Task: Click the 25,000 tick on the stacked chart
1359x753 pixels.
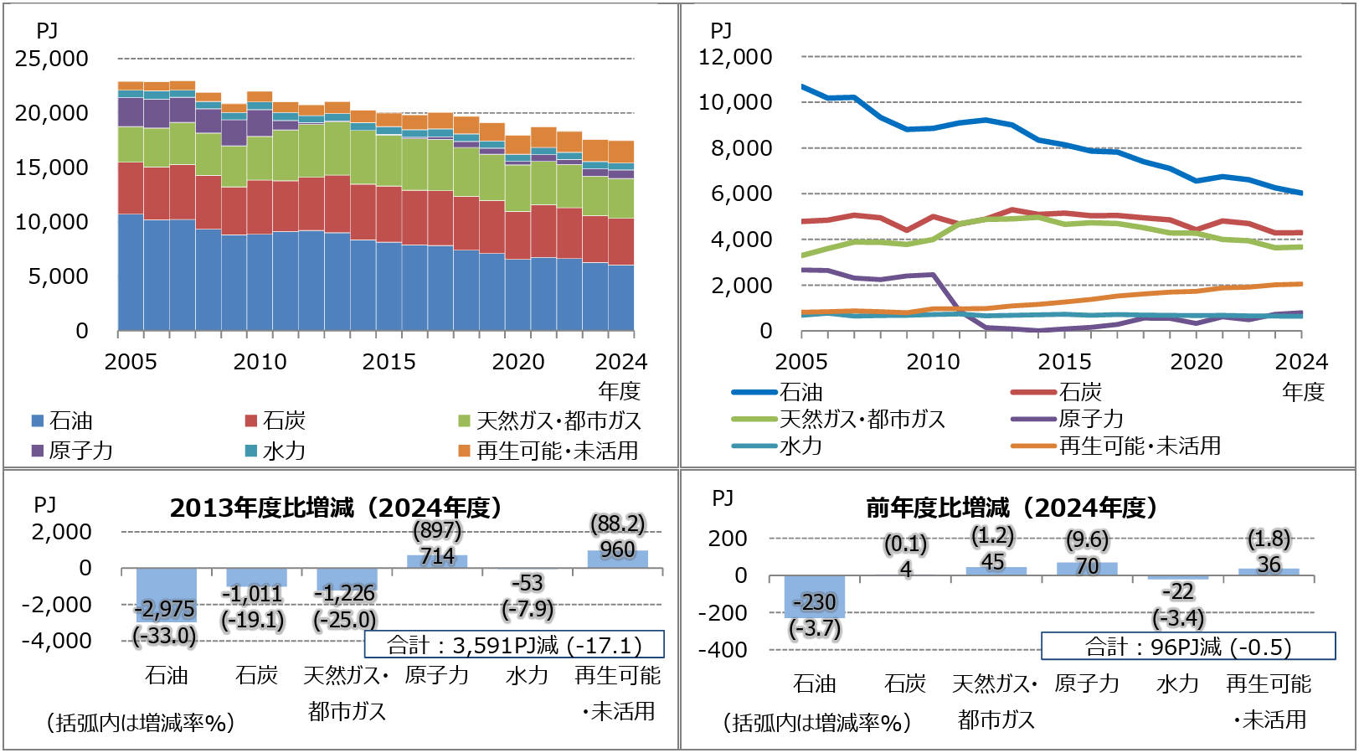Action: click(52, 59)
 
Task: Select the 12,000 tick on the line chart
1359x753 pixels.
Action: click(735, 57)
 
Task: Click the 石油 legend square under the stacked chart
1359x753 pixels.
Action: click(38, 420)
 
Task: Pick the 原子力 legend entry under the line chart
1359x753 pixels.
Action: click(1067, 419)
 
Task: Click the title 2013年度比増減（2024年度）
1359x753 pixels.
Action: click(336, 508)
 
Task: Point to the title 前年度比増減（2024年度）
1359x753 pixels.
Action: click(1012, 508)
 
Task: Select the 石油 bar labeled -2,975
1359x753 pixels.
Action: click(167, 596)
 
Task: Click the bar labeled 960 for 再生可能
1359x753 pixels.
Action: click(618, 560)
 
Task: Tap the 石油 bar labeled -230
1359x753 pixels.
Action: click(814, 597)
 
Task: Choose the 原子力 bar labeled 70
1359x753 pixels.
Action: click(1087, 569)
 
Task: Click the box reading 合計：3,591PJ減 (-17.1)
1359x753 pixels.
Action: click(514, 644)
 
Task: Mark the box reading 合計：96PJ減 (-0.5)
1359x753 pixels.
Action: click(1188, 647)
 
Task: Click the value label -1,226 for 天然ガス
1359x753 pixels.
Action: click(345, 593)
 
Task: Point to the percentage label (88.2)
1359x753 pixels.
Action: click(618, 523)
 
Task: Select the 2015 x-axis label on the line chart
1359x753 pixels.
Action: click(1064, 362)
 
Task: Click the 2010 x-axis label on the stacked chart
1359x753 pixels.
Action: click(260, 362)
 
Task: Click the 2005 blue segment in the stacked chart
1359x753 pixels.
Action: click(131, 272)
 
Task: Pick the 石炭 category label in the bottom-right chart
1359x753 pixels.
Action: click(905, 684)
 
